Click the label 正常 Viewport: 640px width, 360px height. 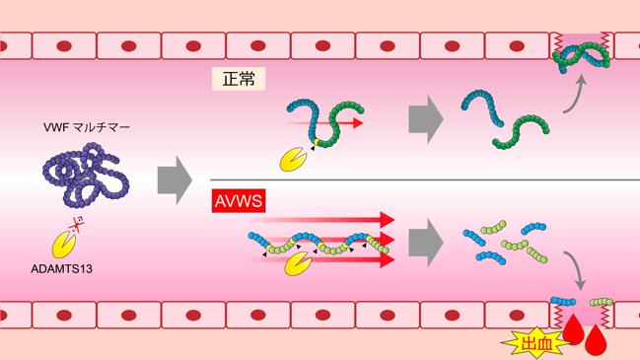[x=239, y=79]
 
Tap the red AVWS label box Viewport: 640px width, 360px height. [x=239, y=201]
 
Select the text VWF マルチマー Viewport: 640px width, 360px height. [x=87, y=127]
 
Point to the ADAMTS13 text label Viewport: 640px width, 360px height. [x=61, y=269]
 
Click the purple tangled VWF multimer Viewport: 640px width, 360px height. [x=86, y=175]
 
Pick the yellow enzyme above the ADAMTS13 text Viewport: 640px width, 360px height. [x=64, y=245]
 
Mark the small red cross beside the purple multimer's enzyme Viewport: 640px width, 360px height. [x=76, y=224]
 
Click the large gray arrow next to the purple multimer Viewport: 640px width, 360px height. [x=175, y=180]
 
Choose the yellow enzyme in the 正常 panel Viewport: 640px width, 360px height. [x=293, y=159]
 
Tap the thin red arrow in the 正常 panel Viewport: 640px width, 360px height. [x=325, y=123]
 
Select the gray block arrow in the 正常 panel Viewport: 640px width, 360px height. [x=426, y=119]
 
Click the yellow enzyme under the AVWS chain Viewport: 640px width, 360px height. [x=298, y=263]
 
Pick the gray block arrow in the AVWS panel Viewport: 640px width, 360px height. [x=426, y=243]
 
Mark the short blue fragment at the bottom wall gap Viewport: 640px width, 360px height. [x=563, y=302]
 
